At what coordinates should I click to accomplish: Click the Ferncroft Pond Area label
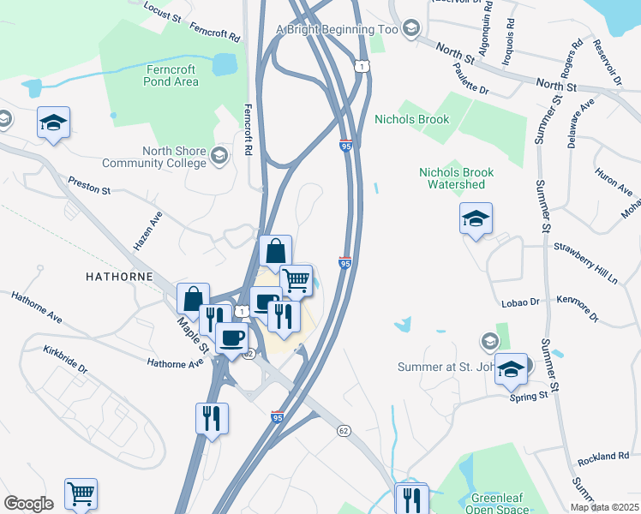click(x=172, y=75)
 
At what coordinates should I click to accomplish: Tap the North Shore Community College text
click(x=154, y=157)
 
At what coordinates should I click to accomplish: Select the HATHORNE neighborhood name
click(x=119, y=277)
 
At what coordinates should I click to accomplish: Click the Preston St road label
click(x=90, y=186)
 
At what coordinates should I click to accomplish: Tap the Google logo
click(x=28, y=504)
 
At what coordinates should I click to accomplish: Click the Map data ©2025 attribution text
click(x=604, y=507)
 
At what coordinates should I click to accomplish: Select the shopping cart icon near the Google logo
click(x=81, y=493)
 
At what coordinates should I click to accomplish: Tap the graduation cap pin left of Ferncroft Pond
click(x=53, y=123)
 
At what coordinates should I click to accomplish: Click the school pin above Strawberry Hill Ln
click(x=476, y=218)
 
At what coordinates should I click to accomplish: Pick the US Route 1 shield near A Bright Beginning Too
click(x=362, y=66)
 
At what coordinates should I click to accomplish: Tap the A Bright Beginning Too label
click(x=337, y=29)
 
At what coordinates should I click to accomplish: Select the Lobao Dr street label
click(x=520, y=302)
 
